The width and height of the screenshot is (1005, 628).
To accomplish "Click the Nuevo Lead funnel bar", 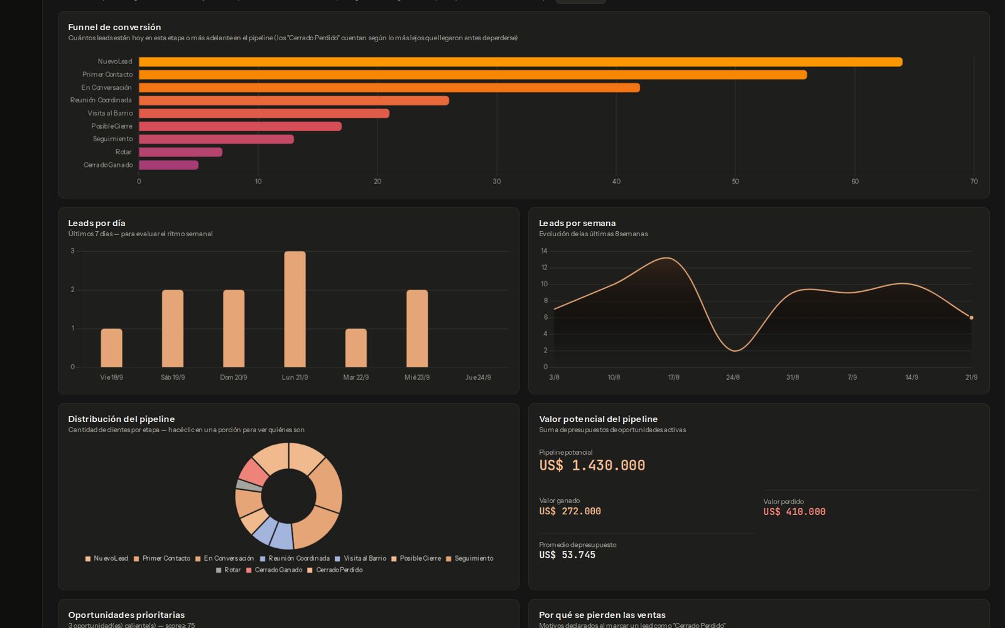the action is (x=521, y=62).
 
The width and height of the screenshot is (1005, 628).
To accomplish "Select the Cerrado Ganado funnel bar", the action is (x=169, y=165).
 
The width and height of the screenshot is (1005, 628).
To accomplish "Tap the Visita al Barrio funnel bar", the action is (x=264, y=114).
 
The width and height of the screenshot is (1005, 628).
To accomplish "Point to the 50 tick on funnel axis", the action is (x=736, y=181).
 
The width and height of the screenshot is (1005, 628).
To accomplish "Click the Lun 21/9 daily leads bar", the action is (x=295, y=309).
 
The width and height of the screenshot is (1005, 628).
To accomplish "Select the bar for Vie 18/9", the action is (x=111, y=348).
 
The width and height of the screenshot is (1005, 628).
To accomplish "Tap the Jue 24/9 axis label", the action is (x=478, y=377).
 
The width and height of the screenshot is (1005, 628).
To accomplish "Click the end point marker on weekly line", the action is (x=971, y=318).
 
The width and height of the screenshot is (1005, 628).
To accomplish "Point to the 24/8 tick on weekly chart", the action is (x=732, y=377).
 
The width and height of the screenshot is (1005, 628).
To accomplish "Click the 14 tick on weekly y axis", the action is (x=544, y=251).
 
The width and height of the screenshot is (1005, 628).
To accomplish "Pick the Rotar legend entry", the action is (x=229, y=570).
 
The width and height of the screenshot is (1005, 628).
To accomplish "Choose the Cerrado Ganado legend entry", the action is (x=274, y=570).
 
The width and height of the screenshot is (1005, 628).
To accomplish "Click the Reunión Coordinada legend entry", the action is (x=295, y=558).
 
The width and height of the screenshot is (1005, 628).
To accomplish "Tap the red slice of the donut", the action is (x=253, y=471).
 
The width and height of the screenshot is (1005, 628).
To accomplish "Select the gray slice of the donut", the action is (x=249, y=485).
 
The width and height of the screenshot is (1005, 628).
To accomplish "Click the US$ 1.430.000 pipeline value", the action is (x=592, y=465).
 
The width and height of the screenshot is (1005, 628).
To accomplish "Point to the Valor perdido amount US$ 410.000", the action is (x=794, y=512).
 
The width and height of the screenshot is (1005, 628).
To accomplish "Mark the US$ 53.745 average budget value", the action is (x=567, y=555).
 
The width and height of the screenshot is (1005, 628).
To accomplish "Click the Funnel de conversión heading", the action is (x=114, y=28).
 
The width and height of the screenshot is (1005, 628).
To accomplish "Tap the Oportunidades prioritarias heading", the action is (x=126, y=615).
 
